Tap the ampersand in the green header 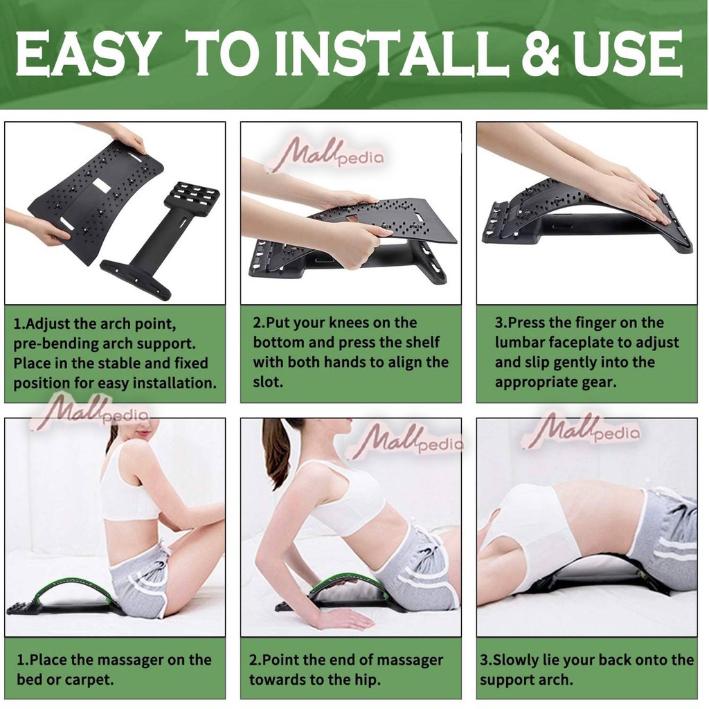coord(540,54)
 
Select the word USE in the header coord(627,54)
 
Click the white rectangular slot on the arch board coord(102,184)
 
